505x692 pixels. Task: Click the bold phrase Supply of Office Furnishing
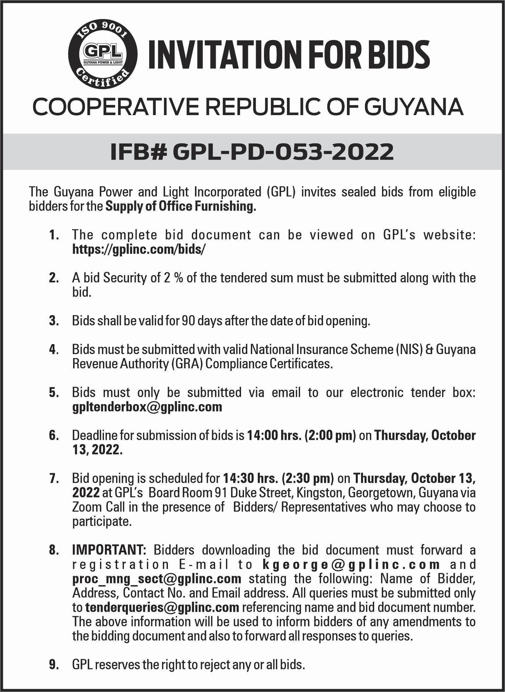coord(181,207)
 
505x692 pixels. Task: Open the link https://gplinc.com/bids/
coord(139,250)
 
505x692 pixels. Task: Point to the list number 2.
coord(54,278)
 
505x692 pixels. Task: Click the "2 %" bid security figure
coord(170,278)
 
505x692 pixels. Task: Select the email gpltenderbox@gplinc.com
coord(147,407)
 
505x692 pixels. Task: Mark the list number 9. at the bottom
coord(54,665)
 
